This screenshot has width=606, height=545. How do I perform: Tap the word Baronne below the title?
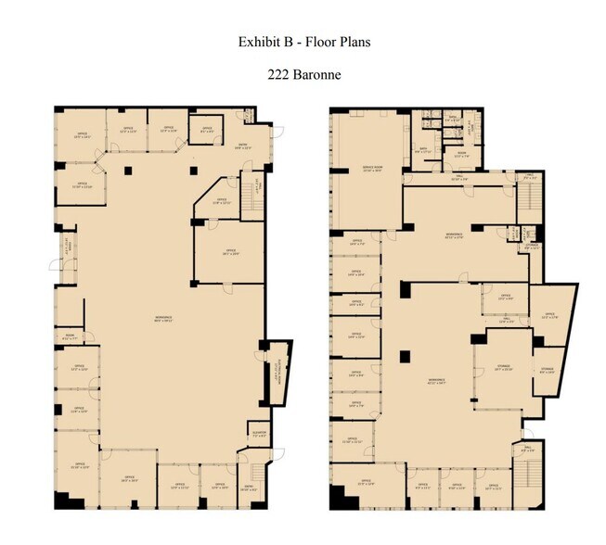coord(316,75)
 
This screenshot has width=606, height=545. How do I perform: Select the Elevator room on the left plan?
coord(259,433)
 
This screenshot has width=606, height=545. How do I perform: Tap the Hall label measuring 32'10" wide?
coord(457,179)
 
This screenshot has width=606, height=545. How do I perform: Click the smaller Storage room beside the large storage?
coord(547,373)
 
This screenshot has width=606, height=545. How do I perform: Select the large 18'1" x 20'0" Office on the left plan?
coord(230,252)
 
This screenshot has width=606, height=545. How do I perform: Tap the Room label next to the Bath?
coord(461,155)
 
